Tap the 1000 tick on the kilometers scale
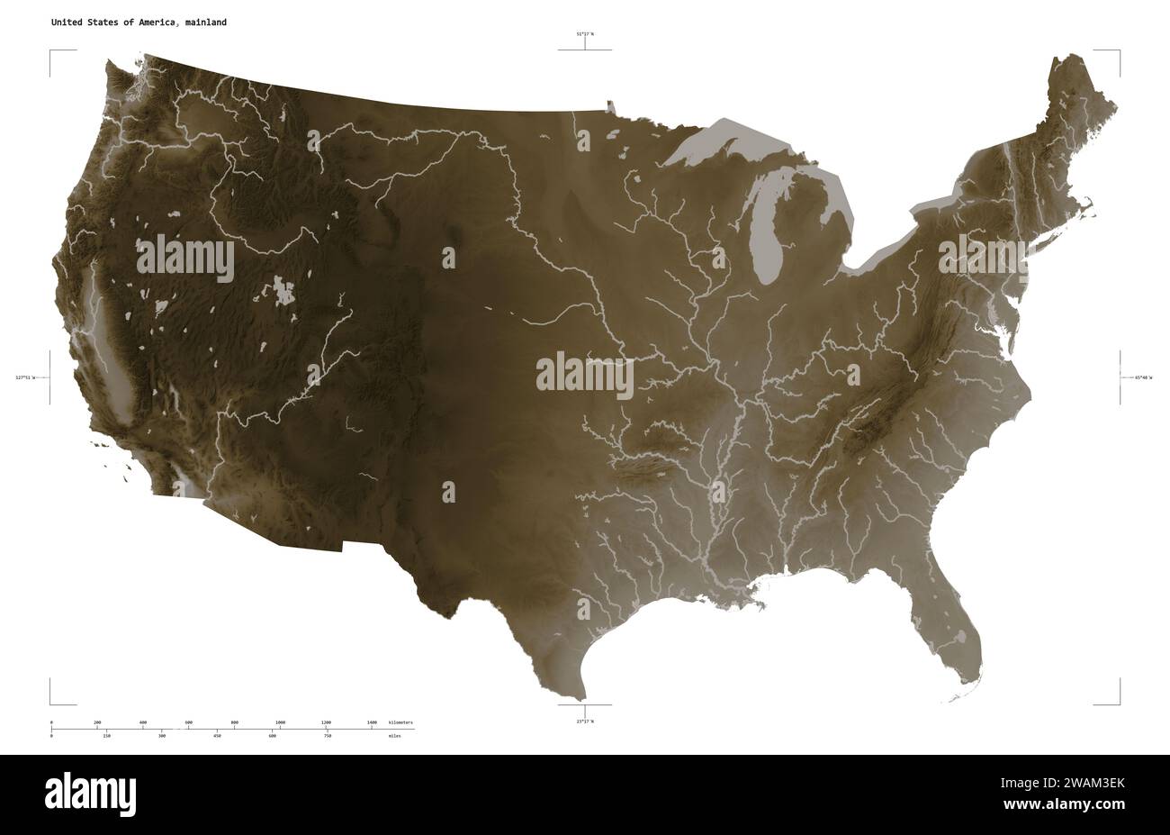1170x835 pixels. (280, 723)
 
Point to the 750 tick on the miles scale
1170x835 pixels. (328, 736)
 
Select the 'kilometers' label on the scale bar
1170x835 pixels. (401, 723)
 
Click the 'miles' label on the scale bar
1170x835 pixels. (395, 736)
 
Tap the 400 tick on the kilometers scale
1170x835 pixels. (143, 723)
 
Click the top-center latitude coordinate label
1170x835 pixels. (585, 34)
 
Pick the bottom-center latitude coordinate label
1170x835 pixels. (585, 721)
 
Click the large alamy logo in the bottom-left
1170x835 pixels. (91, 793)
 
